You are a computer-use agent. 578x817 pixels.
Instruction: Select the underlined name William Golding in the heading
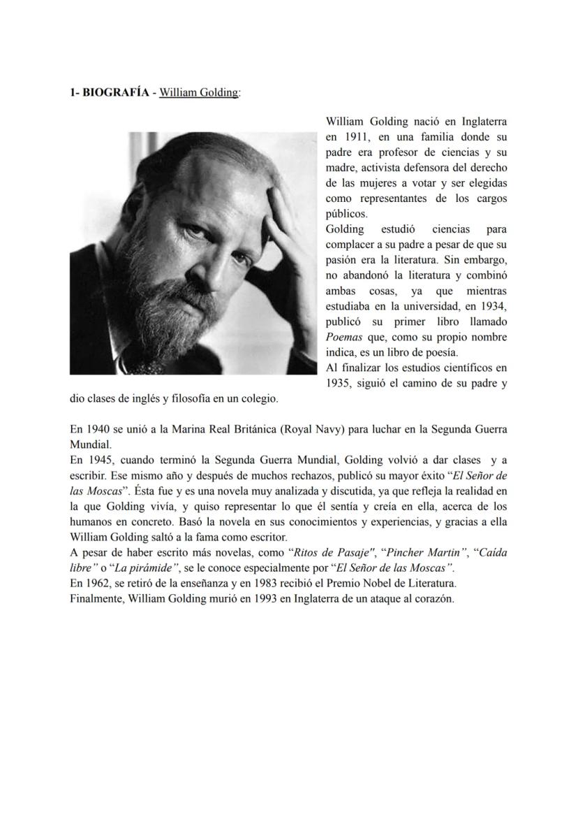198,92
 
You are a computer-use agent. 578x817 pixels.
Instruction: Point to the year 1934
492,305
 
